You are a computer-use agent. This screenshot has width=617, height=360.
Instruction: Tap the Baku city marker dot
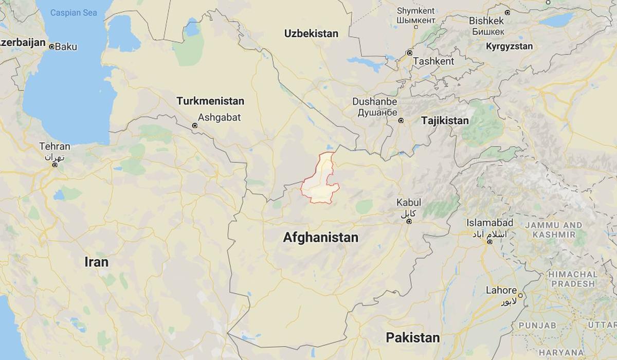click(51, 47)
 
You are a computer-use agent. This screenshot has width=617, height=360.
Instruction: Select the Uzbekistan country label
click(311, 33)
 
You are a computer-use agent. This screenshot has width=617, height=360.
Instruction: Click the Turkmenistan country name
click(210, 101)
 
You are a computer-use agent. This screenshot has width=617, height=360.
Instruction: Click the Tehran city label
click(55, 147)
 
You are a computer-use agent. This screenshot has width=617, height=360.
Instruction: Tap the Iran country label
click(96, 262)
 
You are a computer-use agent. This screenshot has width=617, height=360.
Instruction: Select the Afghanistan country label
click(320, 238)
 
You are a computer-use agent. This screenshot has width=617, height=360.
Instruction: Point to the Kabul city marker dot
click(409, 222)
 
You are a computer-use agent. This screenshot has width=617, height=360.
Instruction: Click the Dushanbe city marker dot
click(401, 121)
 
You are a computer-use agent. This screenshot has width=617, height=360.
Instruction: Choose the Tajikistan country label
click(445, 121)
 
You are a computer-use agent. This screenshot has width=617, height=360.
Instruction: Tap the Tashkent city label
click(433, 61)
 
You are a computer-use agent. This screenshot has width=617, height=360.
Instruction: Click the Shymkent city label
click(416, 10)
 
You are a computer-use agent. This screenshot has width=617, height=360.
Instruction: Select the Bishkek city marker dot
click(507, 12)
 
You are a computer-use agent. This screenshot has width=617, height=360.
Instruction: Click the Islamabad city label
click(489, 223)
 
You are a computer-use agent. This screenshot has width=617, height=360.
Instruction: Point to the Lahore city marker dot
click(520, 296)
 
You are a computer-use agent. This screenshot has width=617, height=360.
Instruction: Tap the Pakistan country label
click(413, 338)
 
